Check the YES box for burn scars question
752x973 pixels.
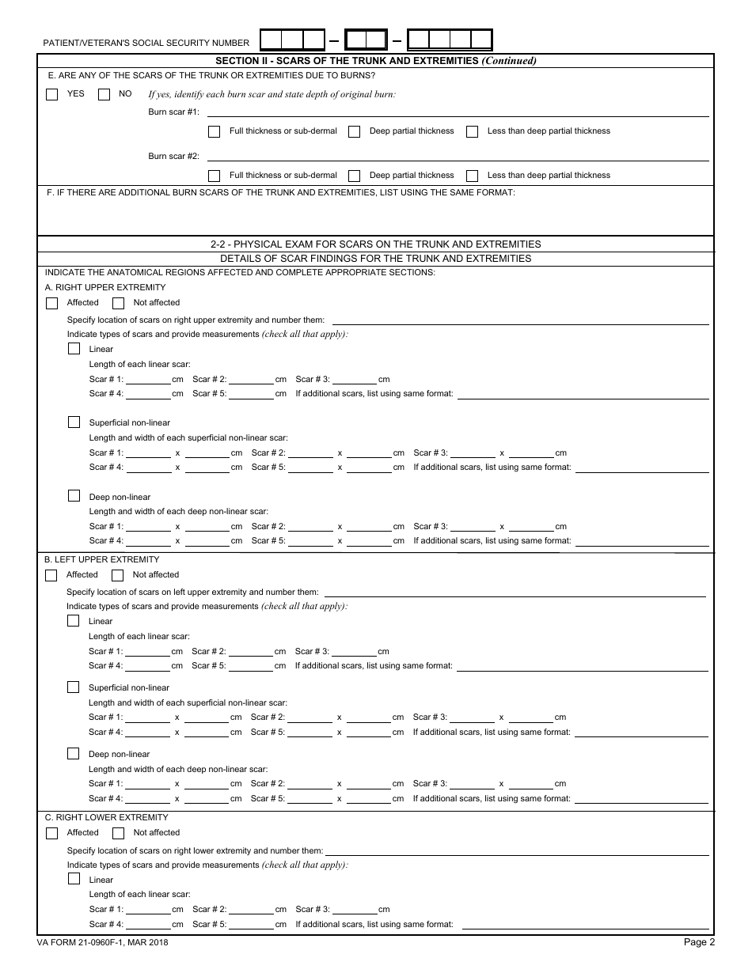click(x=52, y=94)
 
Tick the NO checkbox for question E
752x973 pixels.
click(x=104, y=94)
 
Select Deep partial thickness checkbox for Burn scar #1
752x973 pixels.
click(x=355, y=131)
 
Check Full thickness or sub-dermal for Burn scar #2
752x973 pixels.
click(x=214, y=176)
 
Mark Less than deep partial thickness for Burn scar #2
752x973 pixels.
click(x=473, y=176)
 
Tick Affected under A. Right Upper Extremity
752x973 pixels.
click(x=52, y=303)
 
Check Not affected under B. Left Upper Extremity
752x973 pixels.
click(x=118, y=575)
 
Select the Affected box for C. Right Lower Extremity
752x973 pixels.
click(x=52, y=833)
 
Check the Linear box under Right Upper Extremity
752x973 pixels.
click(x=74, y=349)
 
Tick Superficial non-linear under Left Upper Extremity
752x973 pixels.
click(x=74, y=687)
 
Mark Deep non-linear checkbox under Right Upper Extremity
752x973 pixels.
click(x=74, y=496)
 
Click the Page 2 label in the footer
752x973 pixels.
click(x=699, y=942)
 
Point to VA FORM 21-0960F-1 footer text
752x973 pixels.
click(x=103, y=942)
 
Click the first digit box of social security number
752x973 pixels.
click(x=271, y=40)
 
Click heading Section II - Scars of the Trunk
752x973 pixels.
click(x=376, y=61)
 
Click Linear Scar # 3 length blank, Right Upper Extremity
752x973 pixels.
click(x=355, y=379)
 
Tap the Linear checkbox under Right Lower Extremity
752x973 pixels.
click(x=74, y=880)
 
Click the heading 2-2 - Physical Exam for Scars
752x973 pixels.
click(x=376, y=244)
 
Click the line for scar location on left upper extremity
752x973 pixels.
click(x=515, y=593)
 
